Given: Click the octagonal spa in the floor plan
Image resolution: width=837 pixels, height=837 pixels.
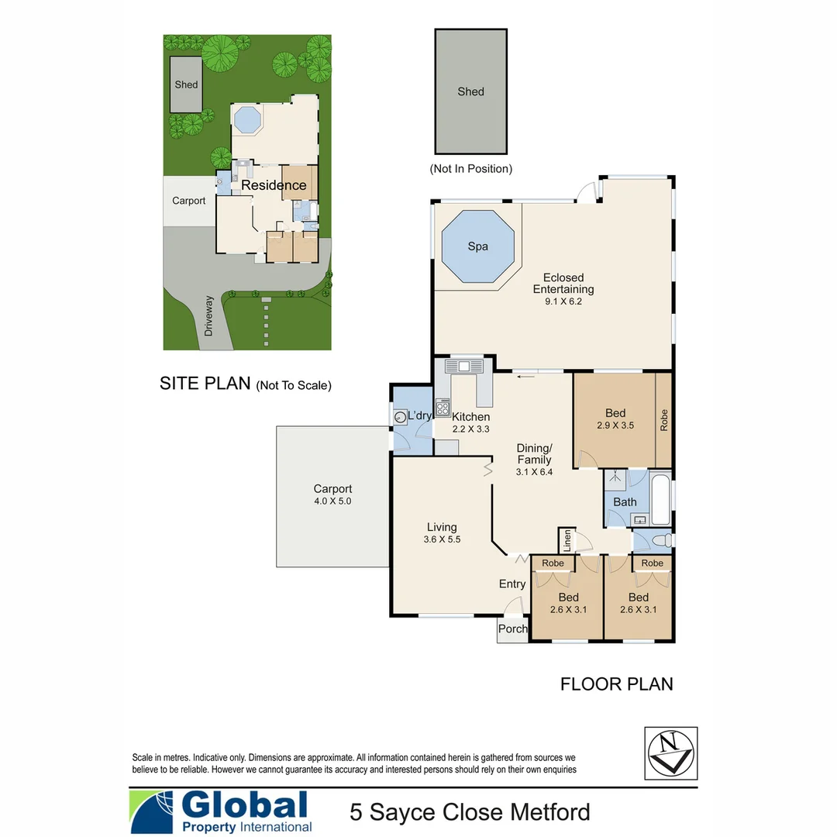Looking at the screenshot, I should click(x=478, y=246).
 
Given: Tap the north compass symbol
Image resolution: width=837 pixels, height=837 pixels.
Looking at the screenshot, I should click(x=670, y=753).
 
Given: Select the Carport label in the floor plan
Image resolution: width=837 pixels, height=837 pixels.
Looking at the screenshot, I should click(x=332, y=489).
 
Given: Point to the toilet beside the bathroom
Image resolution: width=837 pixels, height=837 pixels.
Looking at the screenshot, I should click(x=659, y=540).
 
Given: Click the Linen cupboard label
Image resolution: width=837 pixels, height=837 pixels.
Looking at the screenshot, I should click(x=567, y=540).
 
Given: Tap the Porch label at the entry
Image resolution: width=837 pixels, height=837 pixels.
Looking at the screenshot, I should click(x=512, y=629).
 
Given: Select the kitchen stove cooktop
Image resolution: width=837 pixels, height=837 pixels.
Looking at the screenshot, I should click(x=443, y=407).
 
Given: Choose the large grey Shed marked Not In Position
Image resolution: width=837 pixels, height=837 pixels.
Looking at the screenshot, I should click(x=470, y=91).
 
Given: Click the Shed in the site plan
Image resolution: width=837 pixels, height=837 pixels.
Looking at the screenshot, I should click(x=186, y=84).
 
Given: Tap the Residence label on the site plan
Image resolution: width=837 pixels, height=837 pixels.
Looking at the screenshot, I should click(x=274, y=186).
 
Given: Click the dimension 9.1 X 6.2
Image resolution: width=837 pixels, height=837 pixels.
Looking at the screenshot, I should click(x=563, y=301).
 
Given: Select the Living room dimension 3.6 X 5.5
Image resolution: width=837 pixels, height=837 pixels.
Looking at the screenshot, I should click(x=443, y=539).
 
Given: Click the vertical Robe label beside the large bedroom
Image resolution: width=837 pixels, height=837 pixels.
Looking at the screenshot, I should click(x=664, y=419).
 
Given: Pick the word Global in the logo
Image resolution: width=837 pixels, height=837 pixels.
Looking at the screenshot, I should click(x=244, y=805).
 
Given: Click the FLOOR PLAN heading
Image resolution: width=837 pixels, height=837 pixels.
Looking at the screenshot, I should click(x=616, y=684).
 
